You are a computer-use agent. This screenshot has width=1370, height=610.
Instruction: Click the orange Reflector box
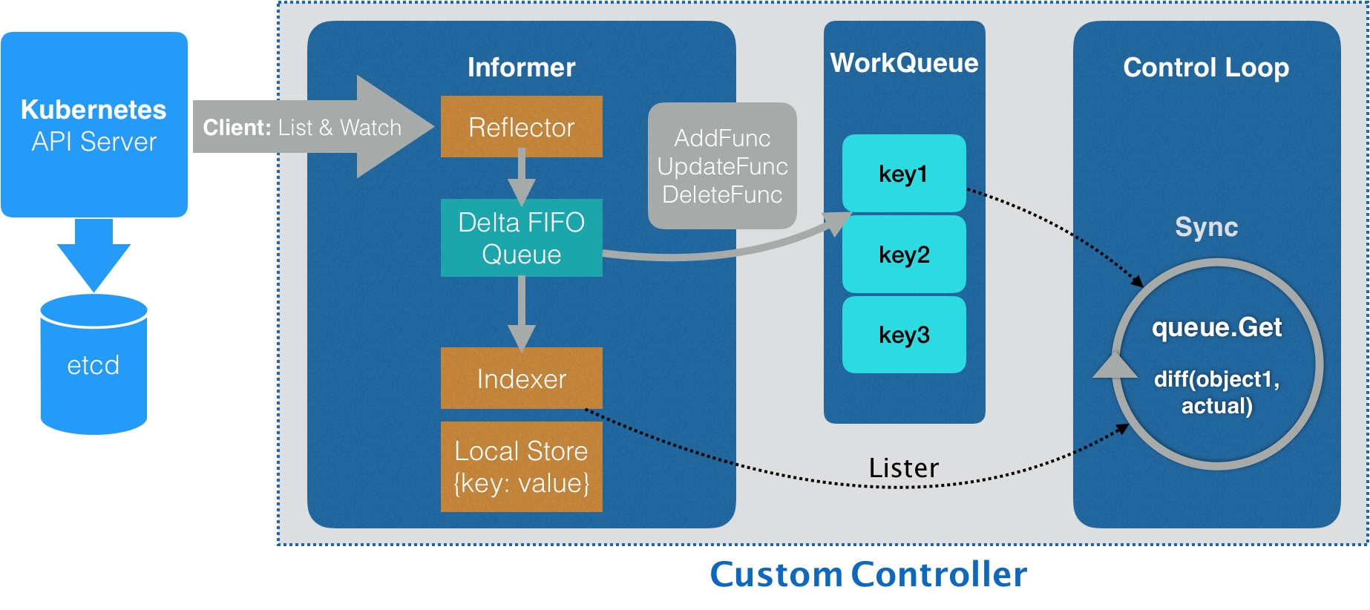click(x=521, y=127)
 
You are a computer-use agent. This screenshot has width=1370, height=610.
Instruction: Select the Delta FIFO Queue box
click(x=521, y=238)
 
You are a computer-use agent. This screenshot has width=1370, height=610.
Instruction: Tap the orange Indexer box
click(x=521, y=378)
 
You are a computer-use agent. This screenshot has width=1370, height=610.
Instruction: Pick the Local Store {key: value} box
click(x=521, y=467)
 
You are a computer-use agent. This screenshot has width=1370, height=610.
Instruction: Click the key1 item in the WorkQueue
click(x=903, y=174)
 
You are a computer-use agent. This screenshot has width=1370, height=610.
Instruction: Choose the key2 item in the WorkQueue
click(x=903, y=255)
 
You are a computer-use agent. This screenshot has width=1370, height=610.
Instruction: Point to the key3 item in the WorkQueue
click(x=903, y=335)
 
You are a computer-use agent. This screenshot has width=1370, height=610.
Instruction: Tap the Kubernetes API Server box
click(x=94, y=125)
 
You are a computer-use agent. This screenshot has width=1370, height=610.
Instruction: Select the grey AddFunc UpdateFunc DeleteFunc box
click(x=722, y=166)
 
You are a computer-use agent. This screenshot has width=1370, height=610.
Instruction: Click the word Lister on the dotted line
click(x=903, y=468)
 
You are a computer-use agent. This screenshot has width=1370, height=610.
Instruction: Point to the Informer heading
click(x=521, y=68)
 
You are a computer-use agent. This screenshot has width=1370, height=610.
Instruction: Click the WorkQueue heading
click(x=904, y=63)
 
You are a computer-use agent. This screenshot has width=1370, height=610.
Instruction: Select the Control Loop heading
click(x=1206, y=68)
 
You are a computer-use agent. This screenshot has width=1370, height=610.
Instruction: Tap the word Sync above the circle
click(x=1206, y=227)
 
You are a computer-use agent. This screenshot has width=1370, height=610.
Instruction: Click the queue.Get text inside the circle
click(x=1216, y=327)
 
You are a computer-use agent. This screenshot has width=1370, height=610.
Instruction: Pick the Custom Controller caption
click(x=868, y=574)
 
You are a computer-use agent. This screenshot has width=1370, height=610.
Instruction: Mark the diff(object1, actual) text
click(x=1216, y=393)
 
